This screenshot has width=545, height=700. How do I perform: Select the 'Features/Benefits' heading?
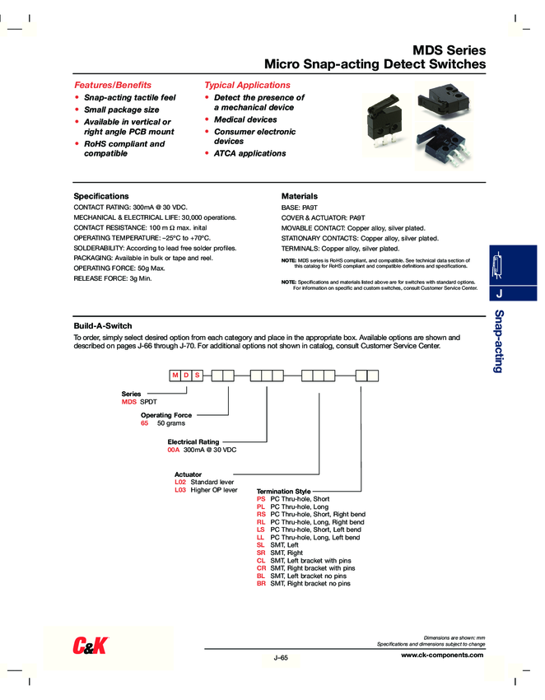pos(113,85)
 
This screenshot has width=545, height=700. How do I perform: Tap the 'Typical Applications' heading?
pos(247,85)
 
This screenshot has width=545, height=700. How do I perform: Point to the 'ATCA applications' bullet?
pos(249,153)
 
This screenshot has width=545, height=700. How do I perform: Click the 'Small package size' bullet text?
pos(122,110)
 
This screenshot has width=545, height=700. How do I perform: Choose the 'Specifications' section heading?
pos(101,196)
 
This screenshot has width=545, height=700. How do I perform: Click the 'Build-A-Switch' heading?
pos(103,326)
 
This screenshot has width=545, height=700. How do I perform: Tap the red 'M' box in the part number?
pos(175,376)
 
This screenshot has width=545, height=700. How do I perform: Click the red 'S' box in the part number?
pos(197,376)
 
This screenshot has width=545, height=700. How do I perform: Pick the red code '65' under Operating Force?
pos(145,422)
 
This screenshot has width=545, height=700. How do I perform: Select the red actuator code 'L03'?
pos(180,490)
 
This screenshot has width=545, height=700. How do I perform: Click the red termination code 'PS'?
pos(261,499)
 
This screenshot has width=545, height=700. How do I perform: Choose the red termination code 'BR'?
pos(261,583)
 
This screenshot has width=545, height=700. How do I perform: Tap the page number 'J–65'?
pos(281,658)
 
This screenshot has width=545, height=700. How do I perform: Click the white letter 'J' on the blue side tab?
pos(501,294)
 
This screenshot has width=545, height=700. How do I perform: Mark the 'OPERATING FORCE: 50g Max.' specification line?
pos(119,268)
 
